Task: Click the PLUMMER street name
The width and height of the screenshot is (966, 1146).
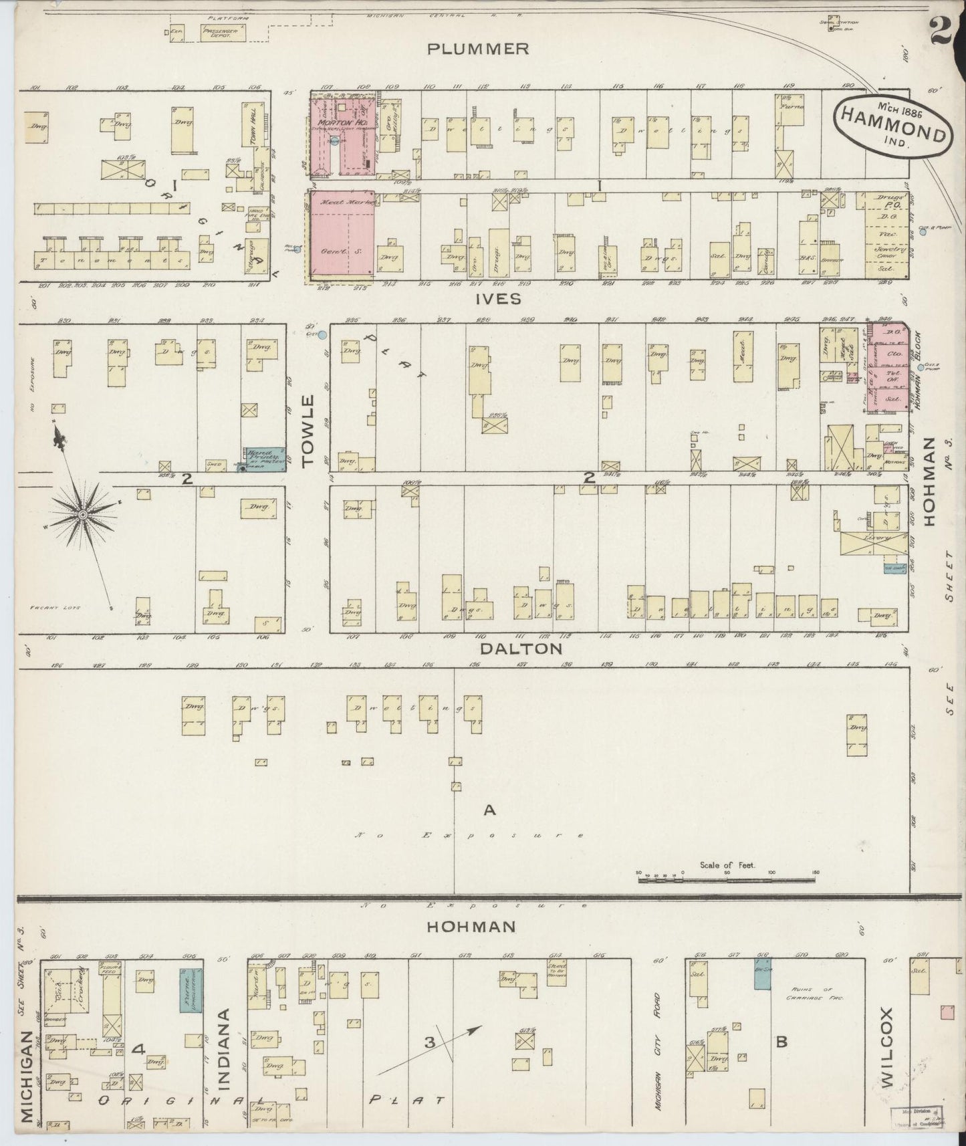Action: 479,49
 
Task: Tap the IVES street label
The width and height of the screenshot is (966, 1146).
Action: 498,299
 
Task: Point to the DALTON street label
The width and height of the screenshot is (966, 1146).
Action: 510,649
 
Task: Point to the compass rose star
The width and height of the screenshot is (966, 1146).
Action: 82,514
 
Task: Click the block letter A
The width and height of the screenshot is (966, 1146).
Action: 489,810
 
